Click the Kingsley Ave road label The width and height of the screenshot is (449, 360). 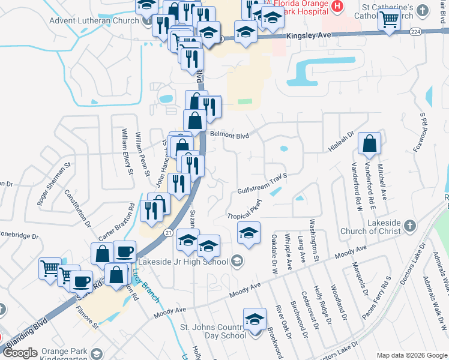(x=310, y=36)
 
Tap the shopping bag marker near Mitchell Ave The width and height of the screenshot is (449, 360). (x=370, y=143)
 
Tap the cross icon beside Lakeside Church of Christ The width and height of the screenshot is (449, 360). (x=409, y=226)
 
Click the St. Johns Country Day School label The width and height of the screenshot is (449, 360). (x=214, y=331)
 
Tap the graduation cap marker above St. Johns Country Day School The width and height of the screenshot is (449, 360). (x=255, y=319)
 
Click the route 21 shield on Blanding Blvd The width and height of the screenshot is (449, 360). (x=168, y=232)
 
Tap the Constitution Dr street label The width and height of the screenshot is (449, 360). (x=77, y=207)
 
